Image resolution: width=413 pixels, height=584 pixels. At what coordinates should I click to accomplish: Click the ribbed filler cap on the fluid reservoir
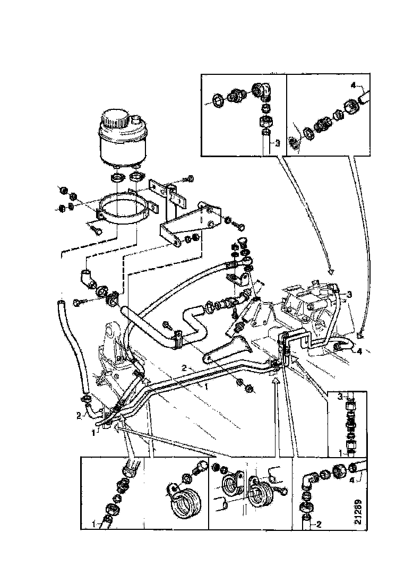pos(114,118)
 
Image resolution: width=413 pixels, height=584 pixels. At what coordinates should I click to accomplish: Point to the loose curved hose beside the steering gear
pos(75,349)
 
